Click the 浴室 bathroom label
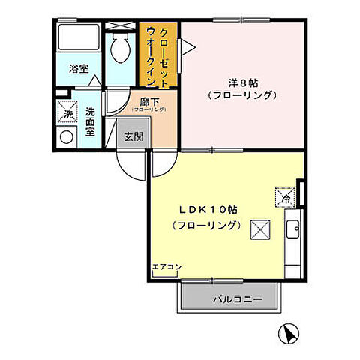click(79, 68)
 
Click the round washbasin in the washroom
click(67, 137)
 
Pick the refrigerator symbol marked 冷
click(286, 198)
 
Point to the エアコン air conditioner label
click(166, 266)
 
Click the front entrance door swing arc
click(129, 166)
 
